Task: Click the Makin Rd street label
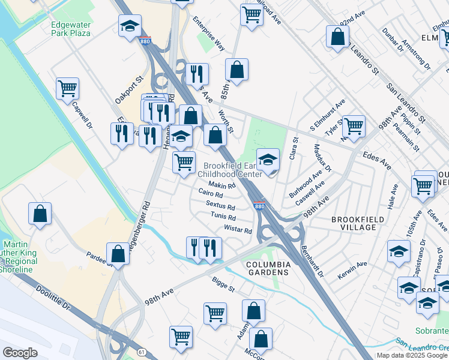click(x=221, y=185)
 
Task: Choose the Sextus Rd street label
click(x=220, y=205)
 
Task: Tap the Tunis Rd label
click(x=223, y=217)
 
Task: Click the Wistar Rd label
click(x=238, y=230)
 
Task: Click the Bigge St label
click(x=224, y=283)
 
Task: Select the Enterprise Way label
click(x=208, y=37)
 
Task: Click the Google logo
click(x=20, y=353)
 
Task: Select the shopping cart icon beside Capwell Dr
click(x=67, y=88)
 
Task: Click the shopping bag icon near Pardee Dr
click(x=118, y=253)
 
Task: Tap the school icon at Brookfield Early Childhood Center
click(x=268, y=160)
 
